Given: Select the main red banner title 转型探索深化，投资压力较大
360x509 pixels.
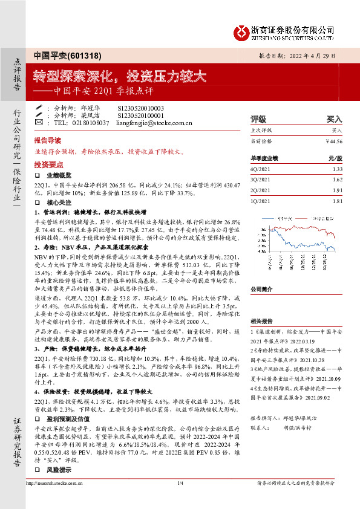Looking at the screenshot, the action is [119, 77].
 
